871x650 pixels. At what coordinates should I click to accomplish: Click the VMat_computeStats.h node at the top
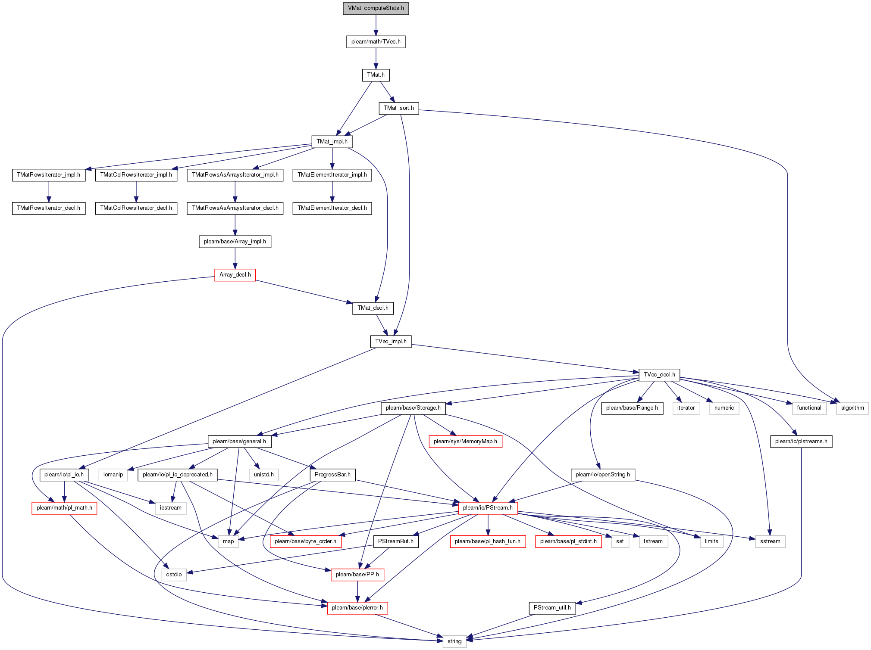click(376, 8)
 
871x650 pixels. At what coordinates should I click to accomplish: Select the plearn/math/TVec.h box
click(376, 42)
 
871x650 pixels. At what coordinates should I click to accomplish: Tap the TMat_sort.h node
click(399, 108)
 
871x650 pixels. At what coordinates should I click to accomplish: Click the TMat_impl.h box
click(332, 142)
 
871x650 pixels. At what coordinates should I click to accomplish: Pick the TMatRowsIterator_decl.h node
click(49, 208)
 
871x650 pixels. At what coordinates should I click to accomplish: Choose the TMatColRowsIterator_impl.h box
click(136, 175)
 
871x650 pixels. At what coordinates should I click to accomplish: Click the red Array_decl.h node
click(235, 275)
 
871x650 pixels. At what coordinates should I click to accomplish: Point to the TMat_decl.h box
click(373, 308)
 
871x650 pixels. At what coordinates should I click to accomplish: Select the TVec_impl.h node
click(391, 342)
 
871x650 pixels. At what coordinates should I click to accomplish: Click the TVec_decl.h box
click(659, 375)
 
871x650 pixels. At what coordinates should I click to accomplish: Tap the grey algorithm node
click(852, 408)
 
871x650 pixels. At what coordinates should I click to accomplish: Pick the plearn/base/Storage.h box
click(413, 408)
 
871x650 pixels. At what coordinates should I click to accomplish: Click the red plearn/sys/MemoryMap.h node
click(465, 442)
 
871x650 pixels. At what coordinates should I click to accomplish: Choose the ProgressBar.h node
click(332, 475)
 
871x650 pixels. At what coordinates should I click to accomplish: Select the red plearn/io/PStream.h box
click(488, 508)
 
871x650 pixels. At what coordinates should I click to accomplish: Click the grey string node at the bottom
click(454, 641)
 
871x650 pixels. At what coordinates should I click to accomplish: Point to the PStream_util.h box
click(552, 608)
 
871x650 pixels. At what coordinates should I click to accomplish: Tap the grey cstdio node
click(174, 575)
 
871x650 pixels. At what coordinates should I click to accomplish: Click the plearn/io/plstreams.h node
click(801, 442)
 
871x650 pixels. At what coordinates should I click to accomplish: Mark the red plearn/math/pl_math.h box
click(64, 508)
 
